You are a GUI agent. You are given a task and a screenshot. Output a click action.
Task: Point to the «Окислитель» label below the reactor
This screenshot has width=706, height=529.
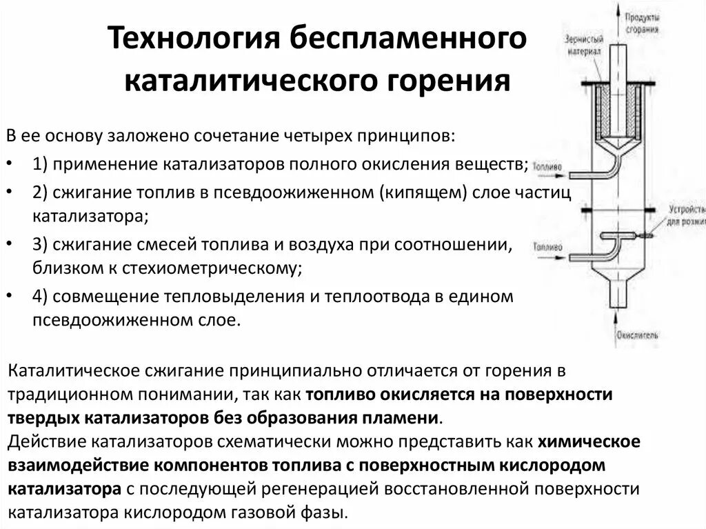[x=638, y=335]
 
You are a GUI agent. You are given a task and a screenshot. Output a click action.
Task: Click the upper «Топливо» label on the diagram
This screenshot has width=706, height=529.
[x=548, y=166]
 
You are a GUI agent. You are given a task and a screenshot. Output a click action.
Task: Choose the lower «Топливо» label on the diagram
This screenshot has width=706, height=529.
[x=548, y=246]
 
